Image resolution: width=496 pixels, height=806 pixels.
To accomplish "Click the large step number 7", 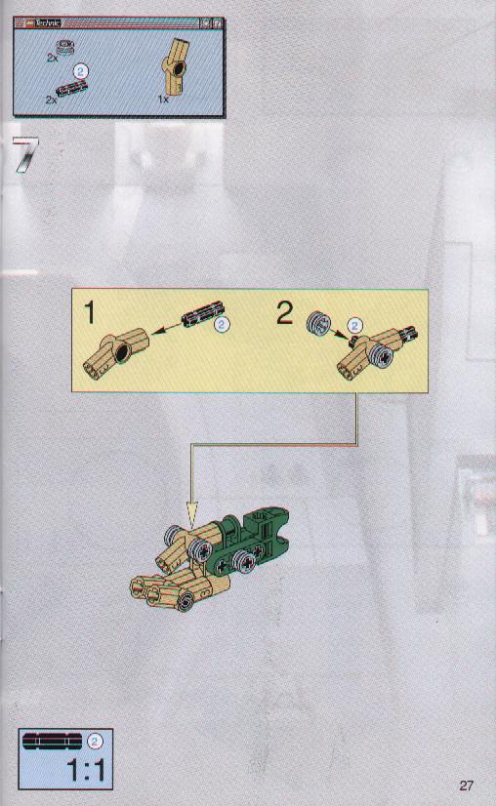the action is coord(26,154).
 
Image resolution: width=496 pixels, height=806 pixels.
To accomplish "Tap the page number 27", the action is coord(466,786).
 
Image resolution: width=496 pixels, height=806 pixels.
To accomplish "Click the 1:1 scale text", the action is coord(86,771).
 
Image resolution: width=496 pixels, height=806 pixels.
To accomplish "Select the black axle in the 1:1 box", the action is coord(52,741).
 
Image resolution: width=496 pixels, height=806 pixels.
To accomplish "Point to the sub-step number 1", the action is coord(90,313).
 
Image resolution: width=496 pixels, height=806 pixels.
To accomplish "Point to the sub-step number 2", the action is coord(284,312).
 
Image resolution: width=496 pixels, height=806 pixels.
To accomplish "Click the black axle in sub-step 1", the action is coord(203,314).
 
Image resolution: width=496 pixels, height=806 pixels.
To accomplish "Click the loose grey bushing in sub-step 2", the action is coord(319,324).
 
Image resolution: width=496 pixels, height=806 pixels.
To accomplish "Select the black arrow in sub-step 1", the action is coord(166,329).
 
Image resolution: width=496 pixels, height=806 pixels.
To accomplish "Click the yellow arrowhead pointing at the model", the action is coord(192,515).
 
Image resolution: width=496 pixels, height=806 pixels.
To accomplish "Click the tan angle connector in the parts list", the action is coord(176,65).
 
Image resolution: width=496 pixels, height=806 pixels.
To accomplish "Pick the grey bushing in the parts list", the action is coord(65,47).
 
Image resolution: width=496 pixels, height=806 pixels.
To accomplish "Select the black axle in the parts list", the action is coord(71,89).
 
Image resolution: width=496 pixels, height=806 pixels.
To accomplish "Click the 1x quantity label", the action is coord(163,100).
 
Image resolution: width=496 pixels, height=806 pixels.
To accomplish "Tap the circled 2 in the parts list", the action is coord(80,71).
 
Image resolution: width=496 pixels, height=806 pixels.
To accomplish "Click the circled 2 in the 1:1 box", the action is coord(95,742).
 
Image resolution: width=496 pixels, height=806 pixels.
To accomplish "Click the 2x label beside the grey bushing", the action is coord(52,59).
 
